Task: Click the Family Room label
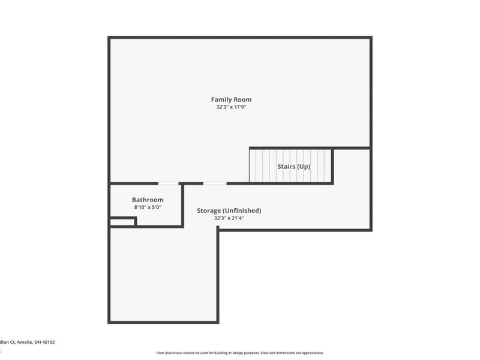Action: pos(231,100)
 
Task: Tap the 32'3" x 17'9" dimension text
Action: pos(231,107)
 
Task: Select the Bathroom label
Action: pos(148,200)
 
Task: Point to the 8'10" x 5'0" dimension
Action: pos(148,208)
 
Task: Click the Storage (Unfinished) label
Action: pos(229,211)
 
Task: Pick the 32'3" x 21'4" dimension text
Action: pos(229,218)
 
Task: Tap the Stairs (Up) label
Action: pos(293,166)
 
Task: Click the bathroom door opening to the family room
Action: pos(168,182)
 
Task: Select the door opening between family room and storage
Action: pos(215,182)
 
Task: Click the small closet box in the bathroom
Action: pos(122,221)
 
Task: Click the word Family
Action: pos(221,100)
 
